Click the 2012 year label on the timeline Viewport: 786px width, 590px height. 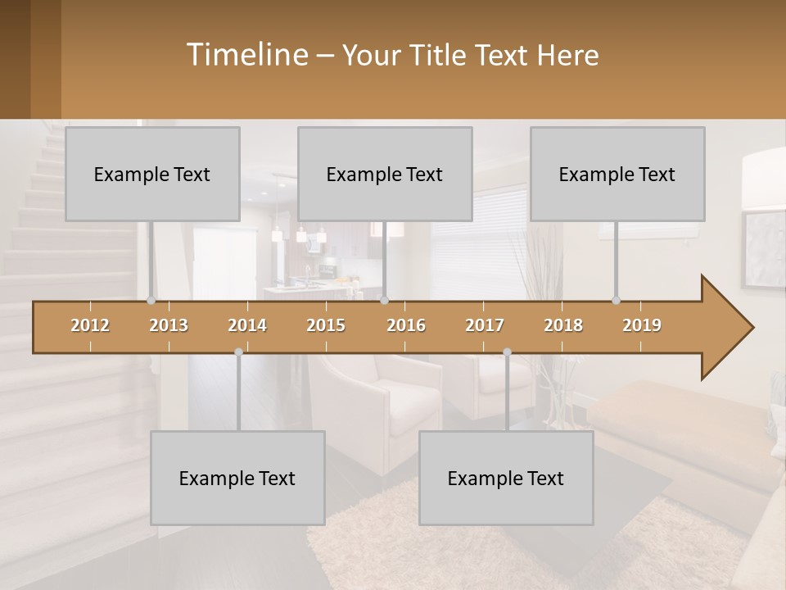[x=90, y=325]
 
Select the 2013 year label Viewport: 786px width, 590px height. [x=169, y=325]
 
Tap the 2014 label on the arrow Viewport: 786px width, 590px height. [x=247, y=325]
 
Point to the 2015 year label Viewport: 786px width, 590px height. [x=326, y=325]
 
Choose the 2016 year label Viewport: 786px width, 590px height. [x=406, y=325]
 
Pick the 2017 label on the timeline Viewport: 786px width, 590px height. [x=485, y=325]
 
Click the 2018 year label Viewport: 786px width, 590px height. [x=563, y=325]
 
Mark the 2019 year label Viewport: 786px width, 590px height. [x=642, y=325]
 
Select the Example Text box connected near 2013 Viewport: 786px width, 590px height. [x=152, y=174]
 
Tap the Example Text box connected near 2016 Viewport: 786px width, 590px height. [x=385, y=174]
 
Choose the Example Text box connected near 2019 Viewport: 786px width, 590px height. [x=617, y=174]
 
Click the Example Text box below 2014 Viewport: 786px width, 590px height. [x=237, y=478]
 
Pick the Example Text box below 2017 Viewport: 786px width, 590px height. [x=506, y=478]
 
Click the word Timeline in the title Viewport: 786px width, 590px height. [x=246, y=54]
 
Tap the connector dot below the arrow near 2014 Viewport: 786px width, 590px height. [x=238, y=352]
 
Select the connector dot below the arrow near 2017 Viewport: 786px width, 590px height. [x=507, y=352]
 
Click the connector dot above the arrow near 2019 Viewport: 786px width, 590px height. [x=617, y=300]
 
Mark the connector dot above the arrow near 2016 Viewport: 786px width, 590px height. [x=385, y=300]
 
